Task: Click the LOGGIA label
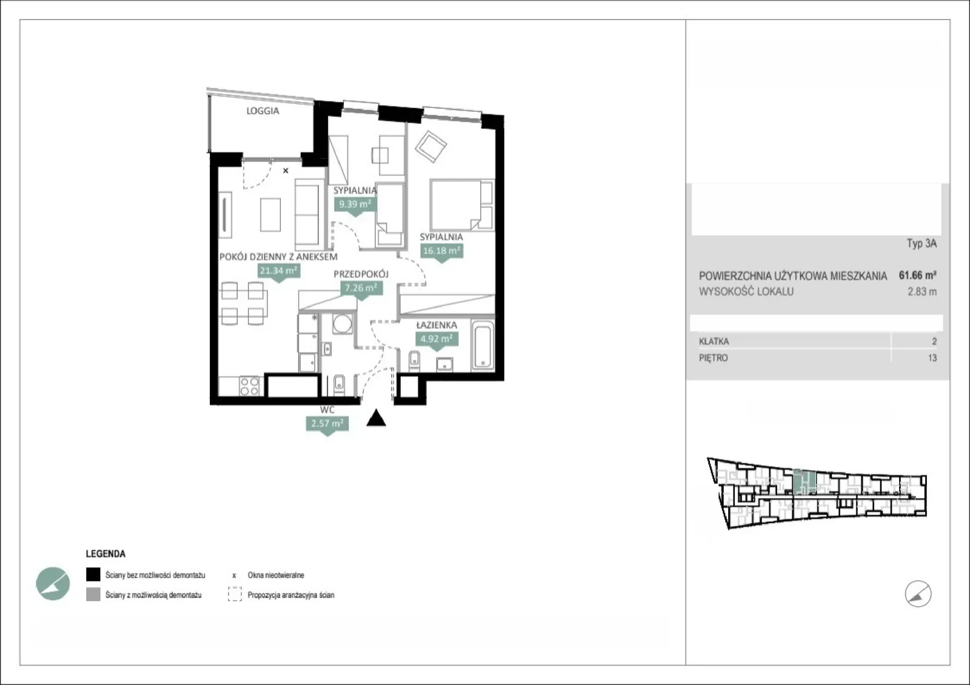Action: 263,111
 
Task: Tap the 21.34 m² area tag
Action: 279,272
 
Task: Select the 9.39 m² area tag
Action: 355,205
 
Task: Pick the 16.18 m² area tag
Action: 442,251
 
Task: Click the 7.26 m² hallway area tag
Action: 361,289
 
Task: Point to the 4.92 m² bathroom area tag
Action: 436,339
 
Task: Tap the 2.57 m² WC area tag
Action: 327,424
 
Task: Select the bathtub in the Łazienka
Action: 483,345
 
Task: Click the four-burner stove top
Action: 250,386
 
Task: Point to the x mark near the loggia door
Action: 286,170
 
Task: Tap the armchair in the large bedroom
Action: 430,146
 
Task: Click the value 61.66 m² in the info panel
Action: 918,275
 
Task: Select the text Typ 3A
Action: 922,243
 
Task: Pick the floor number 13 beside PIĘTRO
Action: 932,358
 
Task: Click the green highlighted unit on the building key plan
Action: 804,482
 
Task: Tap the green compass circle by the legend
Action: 53,584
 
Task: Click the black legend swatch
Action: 93,575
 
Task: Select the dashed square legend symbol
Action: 235,595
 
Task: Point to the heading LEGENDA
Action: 105,554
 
